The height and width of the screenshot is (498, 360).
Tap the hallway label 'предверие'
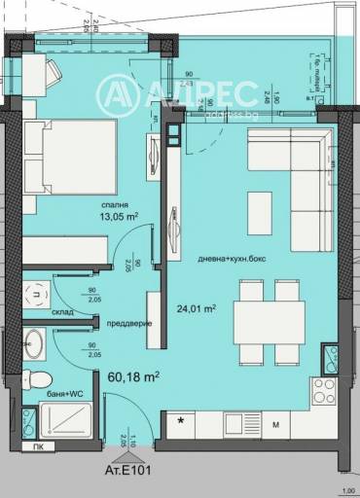tap(127, 323)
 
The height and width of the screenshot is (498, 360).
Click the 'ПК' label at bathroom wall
tap(37, 447)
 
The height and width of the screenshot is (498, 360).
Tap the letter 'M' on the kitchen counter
tap(275, 425)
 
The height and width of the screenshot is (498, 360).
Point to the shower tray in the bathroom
tap(63, 421)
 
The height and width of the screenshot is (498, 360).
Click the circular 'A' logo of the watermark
tap(116, 94)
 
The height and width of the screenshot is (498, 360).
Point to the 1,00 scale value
tap(346, 490)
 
